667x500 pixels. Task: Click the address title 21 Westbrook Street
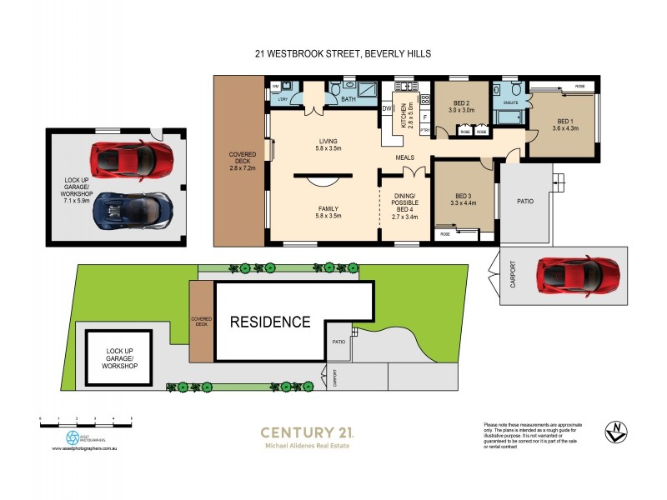[x=343, y=53]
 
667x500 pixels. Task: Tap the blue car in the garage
[x=133, y=212]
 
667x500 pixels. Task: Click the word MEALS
[x=406, y=157]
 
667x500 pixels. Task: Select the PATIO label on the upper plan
[x=524, y=201]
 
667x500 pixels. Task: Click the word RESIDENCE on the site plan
[x=270, y=322]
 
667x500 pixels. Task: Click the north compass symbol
[x=614, y=432]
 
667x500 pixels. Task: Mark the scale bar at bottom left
[x=87, y=423]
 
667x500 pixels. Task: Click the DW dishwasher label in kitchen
[x=387, y=108]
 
